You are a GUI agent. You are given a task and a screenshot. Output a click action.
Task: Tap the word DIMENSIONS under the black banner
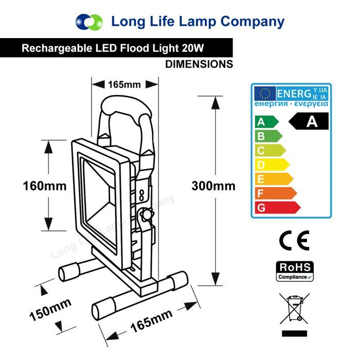pos(199,64)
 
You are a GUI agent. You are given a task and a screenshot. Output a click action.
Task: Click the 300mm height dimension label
pos(213,186)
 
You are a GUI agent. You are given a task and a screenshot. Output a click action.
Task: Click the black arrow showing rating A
pos(309,122)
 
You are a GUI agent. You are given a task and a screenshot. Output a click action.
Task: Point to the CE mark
pos(294,241)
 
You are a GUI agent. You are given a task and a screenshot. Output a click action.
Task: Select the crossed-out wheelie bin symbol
pos(294,308)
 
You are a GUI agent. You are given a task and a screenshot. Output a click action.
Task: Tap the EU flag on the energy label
pos(265,94)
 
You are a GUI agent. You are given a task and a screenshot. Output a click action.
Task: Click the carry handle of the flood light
pos(124,106)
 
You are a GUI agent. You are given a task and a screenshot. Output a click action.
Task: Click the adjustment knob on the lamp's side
pos(148,214)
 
